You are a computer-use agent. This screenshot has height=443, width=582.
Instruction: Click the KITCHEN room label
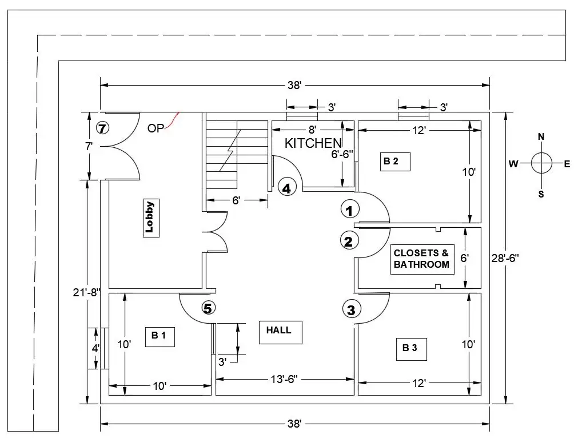coord(313,143)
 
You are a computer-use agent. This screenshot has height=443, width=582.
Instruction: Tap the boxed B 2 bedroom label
coord(391,162)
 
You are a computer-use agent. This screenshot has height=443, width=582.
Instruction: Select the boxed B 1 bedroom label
coord(158,336)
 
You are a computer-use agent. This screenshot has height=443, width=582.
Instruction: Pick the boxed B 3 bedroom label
coord(410,348)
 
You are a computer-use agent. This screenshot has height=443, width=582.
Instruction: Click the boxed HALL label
coord(280,331)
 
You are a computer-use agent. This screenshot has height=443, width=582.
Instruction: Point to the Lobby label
coord(150,218)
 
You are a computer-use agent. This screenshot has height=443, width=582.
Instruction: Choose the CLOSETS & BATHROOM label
coord(422,259)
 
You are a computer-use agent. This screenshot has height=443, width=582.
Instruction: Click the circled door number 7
coord(102,128)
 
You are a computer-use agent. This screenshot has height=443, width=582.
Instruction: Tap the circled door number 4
coord(287,187)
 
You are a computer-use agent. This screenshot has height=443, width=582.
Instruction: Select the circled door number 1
coord(349,210)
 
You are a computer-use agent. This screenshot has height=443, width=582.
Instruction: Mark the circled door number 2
coord(349,241)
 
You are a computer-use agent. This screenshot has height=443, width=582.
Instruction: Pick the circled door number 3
coord(351,310)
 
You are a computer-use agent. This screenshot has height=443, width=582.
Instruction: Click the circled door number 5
coord(208,308)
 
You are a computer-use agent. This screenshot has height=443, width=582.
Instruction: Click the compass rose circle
coord(541,163)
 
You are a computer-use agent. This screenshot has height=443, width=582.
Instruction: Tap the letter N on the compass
coord(541,136)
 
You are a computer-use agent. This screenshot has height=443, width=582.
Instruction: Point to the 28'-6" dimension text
coord(504,258)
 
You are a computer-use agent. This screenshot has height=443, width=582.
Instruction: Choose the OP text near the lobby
coord(155,128)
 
